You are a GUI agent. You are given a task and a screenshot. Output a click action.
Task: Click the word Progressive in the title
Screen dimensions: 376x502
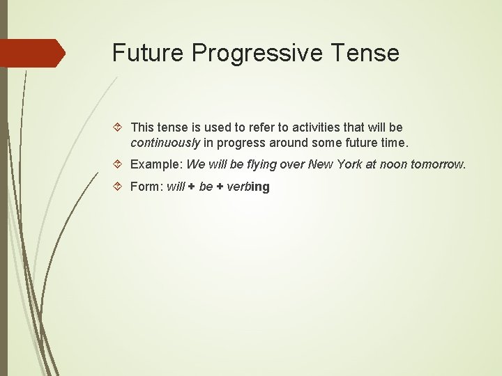click(x=252, y=53)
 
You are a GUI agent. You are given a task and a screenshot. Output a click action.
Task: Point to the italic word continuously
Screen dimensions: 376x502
click(x=165, y=143)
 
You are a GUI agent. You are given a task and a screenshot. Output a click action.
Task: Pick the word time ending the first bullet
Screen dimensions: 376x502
click(x=391, y=143)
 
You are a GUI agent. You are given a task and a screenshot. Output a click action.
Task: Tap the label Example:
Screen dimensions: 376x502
click(x=156, y=165)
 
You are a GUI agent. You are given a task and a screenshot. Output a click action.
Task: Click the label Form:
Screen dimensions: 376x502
click(x=146, y=187)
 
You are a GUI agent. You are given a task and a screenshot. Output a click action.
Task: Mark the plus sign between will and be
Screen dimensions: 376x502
click(x=191, y=187)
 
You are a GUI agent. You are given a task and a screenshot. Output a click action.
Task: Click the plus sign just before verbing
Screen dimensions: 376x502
click(x=220, y=187)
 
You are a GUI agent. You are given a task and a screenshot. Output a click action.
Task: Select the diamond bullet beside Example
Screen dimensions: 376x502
click(x=119, y=165)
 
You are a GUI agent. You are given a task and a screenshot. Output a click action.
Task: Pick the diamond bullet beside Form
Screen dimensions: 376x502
click(x=119, y=187)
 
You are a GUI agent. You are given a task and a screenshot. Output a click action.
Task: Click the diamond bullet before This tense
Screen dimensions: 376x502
click(x=119, y=127)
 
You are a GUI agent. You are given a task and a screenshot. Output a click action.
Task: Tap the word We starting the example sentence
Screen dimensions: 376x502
click(x=196, y=165)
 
